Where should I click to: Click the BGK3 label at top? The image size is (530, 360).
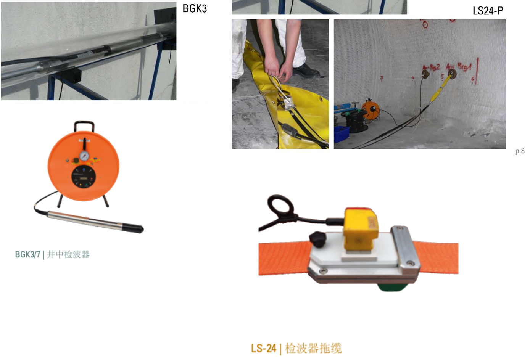pyautogui.click(x=195, y=8)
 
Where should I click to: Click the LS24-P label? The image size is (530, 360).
pyautogui.click(x=488, y=11)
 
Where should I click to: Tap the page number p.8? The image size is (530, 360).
pyautogui.click(x=520, y=151)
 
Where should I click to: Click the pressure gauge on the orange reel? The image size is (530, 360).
pyautogui.click(x=84, y=156)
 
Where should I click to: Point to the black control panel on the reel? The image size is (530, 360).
pyautogui.click(x=84, y=177)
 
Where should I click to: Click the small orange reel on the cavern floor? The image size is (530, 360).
pyautogui.click(x=371, y=109)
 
